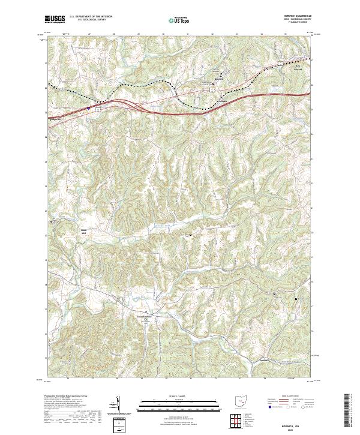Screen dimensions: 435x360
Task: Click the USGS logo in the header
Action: click(x=56, y=20)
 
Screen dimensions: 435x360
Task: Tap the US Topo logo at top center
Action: click(x=179, y=20)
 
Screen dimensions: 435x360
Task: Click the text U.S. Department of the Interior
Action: click(x=91, y=17)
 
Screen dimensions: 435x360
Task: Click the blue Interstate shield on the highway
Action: click(x=89, y=109)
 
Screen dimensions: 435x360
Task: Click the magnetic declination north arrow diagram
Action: click(x=120, y=405)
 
